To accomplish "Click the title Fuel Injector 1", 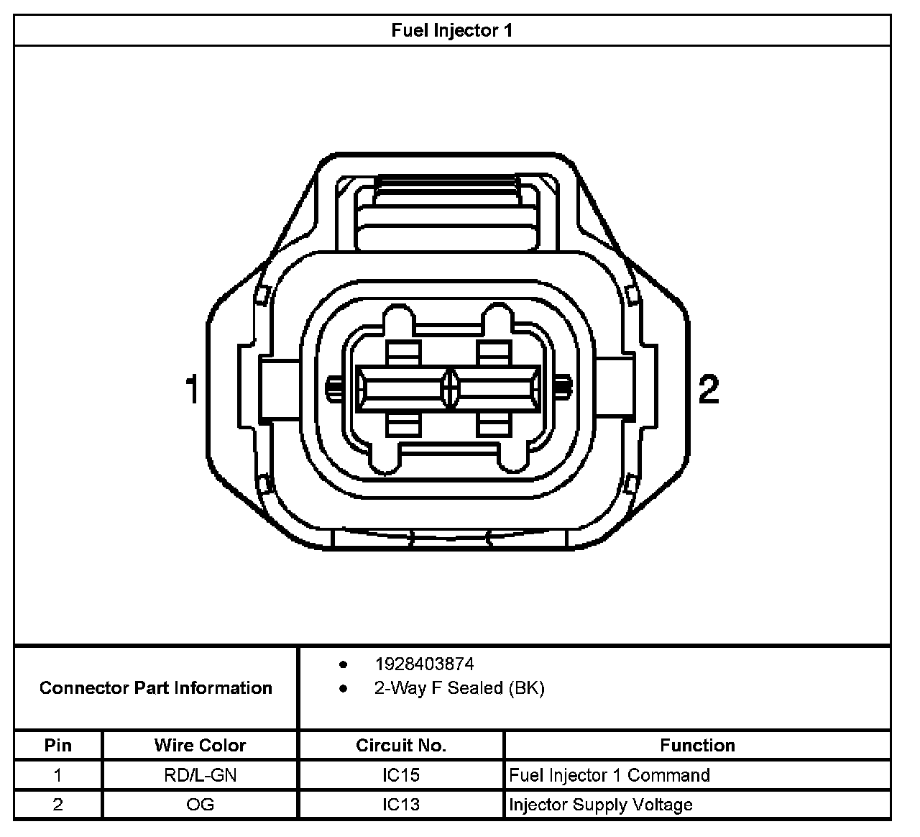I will click(x=451, y=30).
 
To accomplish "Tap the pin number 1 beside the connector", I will click(x=192, y=389).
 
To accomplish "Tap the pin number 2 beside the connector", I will click(x=709, y=389).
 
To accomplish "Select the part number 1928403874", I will click(x=424, y=664).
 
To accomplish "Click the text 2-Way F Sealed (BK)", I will click(x=459, y=688).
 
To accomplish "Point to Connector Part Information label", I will click(x=156, y=688).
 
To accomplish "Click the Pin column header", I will click(x=58, y=745).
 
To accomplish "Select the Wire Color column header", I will click(x=200, y=745).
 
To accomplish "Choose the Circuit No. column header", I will click(x=401, y=745).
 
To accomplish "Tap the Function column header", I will click(x=697, y=745).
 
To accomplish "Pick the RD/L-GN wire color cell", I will click(x=200, y=775).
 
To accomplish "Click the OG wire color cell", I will click(x=200, y=805).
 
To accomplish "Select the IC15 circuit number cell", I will click(x=401, y=775).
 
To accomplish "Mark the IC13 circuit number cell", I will click(x=401, y=805).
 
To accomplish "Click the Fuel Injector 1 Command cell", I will click(x=609, y=775).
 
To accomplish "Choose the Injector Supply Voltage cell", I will click(x=601, y=805).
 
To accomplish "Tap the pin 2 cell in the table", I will click(x=58, y=805).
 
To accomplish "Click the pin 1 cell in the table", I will click(x=58, y=775).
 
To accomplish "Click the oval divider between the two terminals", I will click(x=450, y=389).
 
